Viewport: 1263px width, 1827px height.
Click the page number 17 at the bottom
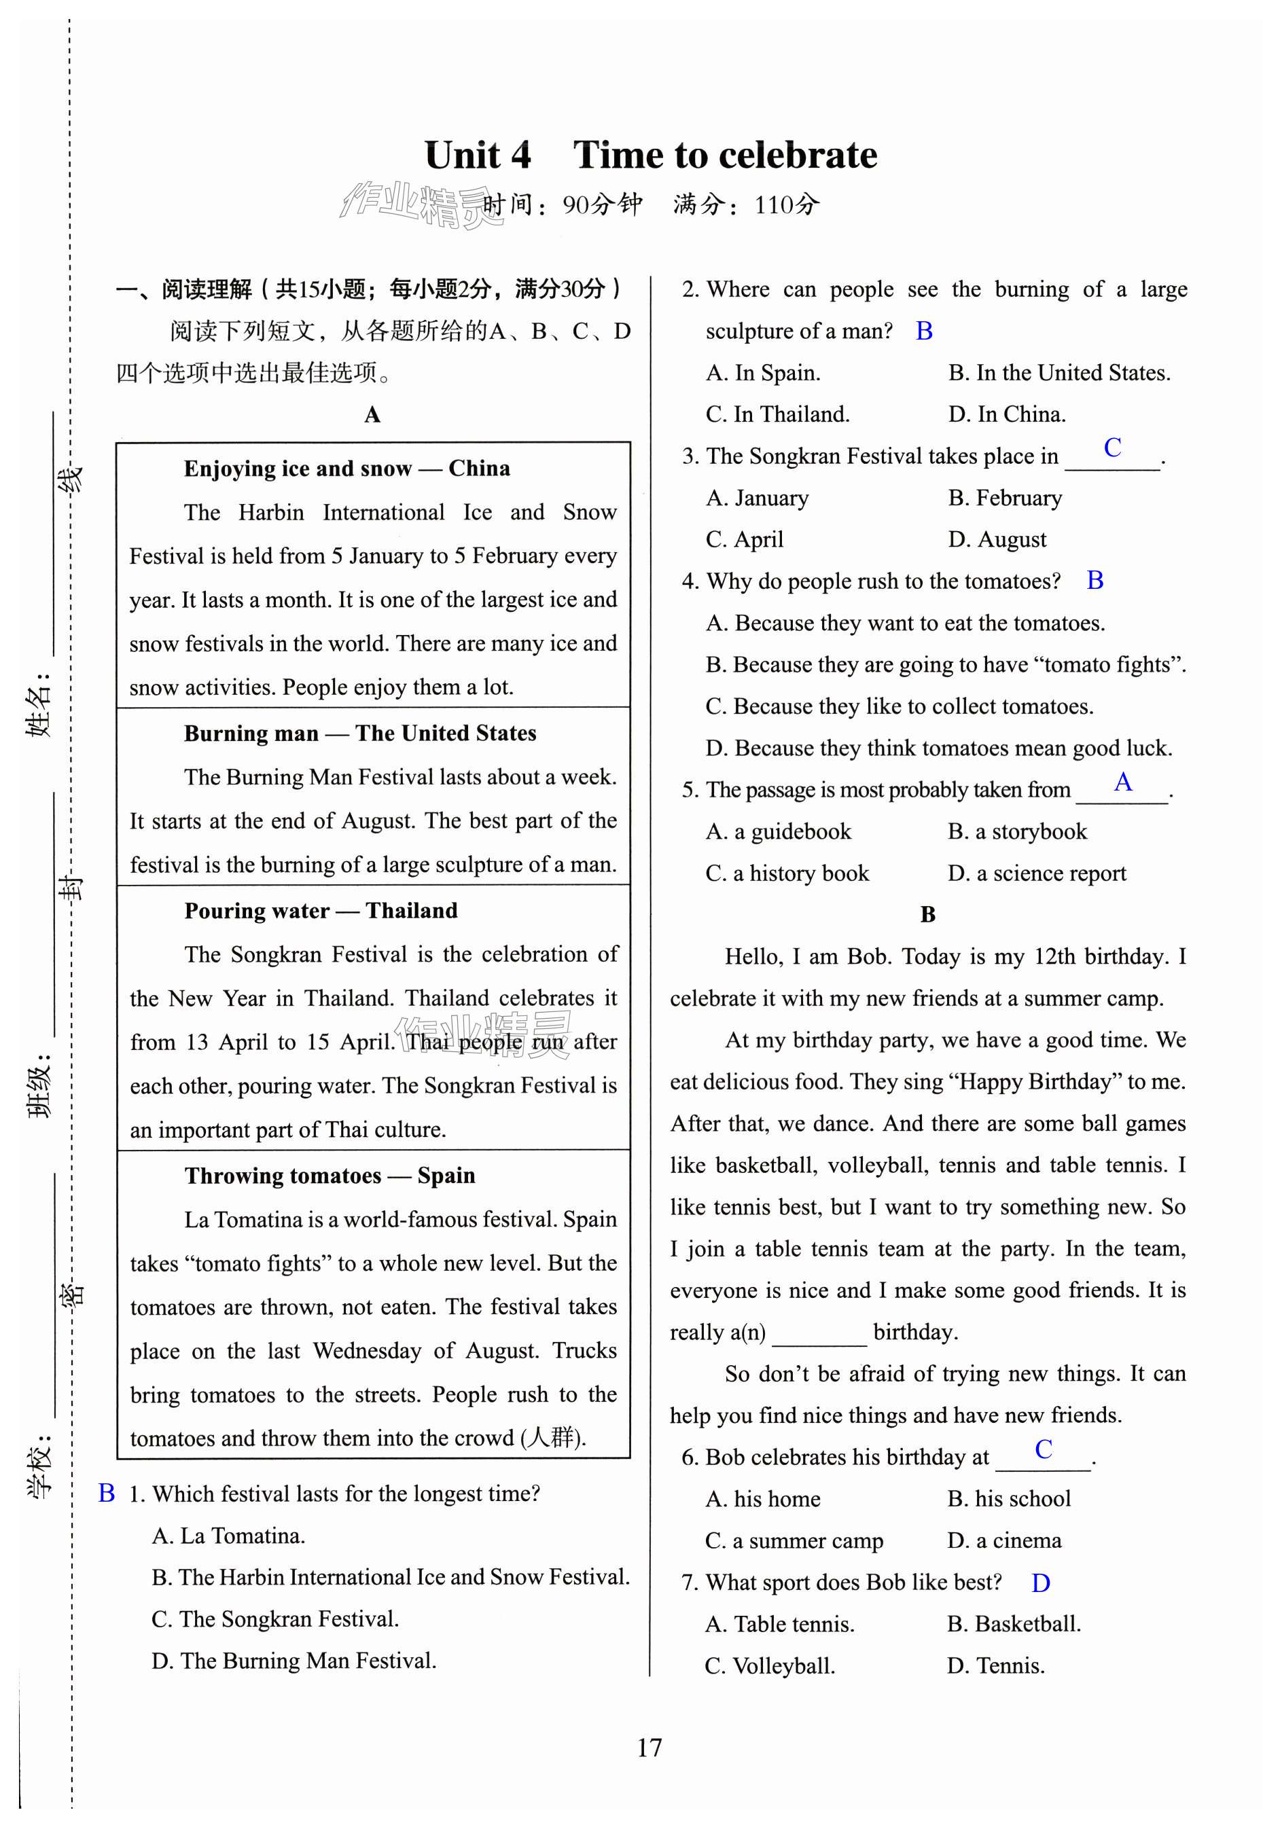(x=649, y=1746)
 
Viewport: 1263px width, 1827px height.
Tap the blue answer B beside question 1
(x=106, y=1494)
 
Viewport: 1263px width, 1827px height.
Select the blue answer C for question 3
(x=1112, y=448)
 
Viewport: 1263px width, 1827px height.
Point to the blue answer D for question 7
(x=1040, y=1582)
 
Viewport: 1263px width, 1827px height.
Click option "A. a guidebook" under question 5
(x=778, y=831)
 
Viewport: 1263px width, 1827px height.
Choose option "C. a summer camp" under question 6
(x=794, y=1540)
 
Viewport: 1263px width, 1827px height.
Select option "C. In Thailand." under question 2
(x=777, y=414)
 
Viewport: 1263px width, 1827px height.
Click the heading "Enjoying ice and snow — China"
(x=346, y=469)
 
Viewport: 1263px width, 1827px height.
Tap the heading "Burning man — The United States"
(x=360, y=733)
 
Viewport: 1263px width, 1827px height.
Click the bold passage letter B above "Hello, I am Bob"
(x=927, y=915)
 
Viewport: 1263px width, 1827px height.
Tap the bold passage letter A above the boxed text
(x=372, y=414)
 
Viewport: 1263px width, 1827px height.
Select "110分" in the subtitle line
(x=786, y=206)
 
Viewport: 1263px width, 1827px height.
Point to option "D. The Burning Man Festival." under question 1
(x=293, y=1661)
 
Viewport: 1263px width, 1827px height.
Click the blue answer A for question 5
(x=1122, y=782)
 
